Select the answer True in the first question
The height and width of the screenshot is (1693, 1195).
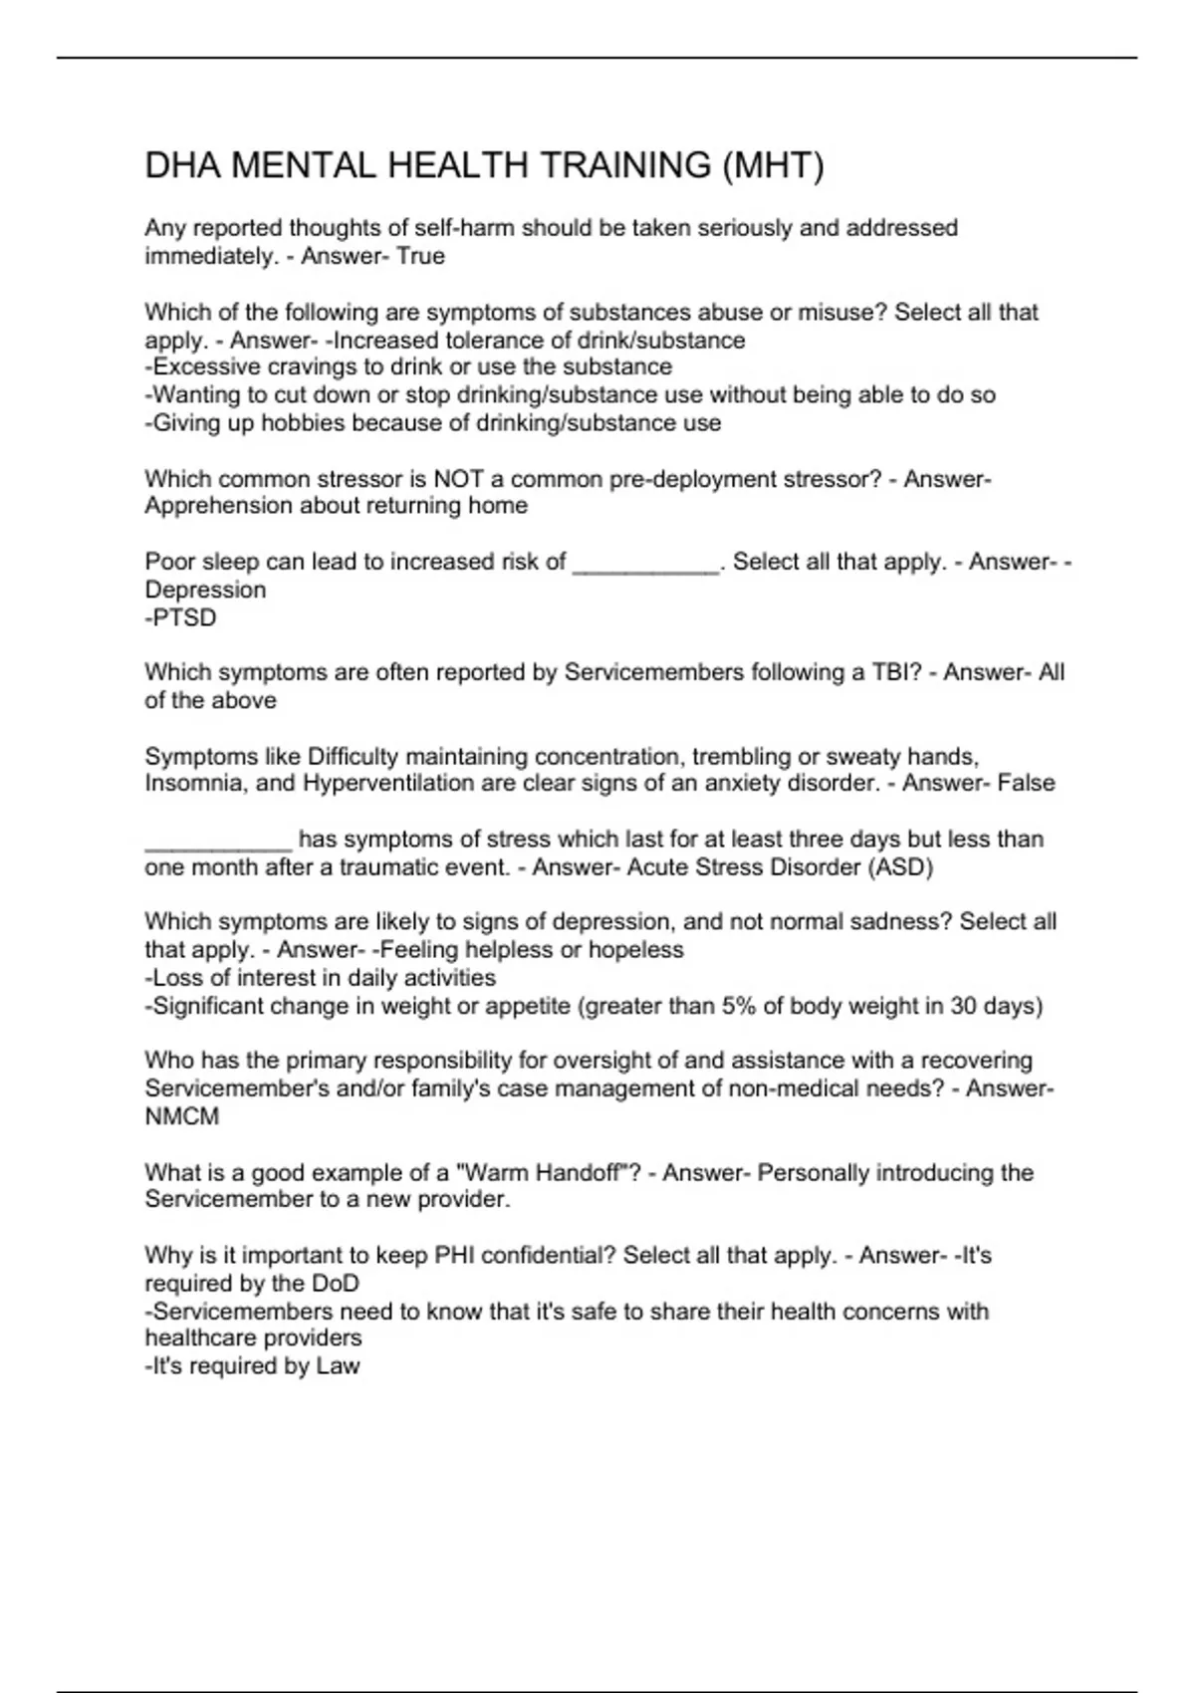pos(420,256)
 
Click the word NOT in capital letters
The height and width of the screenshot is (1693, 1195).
pos(458,479)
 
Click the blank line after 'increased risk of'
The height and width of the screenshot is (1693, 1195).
pos(646,564)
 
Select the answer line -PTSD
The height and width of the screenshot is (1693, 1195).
pos(180,617)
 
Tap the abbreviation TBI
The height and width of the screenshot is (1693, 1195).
pos(892,672)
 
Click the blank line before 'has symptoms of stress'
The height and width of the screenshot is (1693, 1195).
pos(218,842)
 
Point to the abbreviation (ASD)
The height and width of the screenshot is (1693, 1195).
pos(901,866)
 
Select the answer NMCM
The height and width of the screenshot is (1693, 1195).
pos(181,1116)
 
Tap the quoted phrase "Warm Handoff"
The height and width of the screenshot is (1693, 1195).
pos(541,1172)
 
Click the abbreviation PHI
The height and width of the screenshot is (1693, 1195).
pos(456,1255)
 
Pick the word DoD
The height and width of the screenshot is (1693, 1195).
pos(335,1283)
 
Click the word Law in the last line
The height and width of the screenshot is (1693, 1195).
pos(338,1365)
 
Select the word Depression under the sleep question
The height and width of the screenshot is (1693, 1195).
pos(205,590)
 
